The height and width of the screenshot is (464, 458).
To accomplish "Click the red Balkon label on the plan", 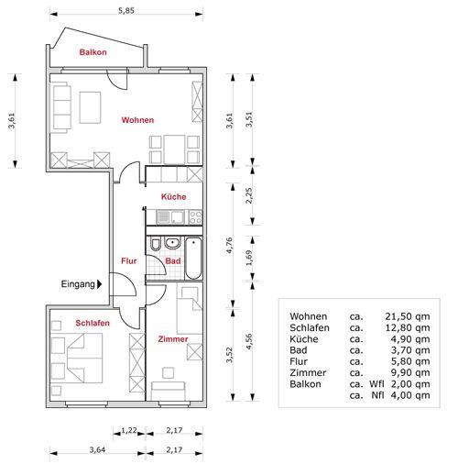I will (x=93, y=52).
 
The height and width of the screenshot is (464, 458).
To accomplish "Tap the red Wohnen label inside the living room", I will (x=137, y=120).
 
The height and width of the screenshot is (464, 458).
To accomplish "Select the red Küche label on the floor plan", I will (x=173, y=196).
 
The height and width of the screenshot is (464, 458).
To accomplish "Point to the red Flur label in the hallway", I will (x=129, y=261).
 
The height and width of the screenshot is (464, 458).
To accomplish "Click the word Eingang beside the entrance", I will (x=78, y=284).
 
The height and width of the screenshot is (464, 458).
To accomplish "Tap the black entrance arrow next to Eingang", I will (x=103, y=284).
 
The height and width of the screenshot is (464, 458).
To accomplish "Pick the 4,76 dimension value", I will (x=229, y=244).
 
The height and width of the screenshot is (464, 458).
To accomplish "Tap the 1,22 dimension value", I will (x=129, y=429).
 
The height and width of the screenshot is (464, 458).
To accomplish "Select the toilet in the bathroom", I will (x=157, y=245).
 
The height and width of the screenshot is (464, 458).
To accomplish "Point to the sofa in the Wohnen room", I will (x=62, y=109).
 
